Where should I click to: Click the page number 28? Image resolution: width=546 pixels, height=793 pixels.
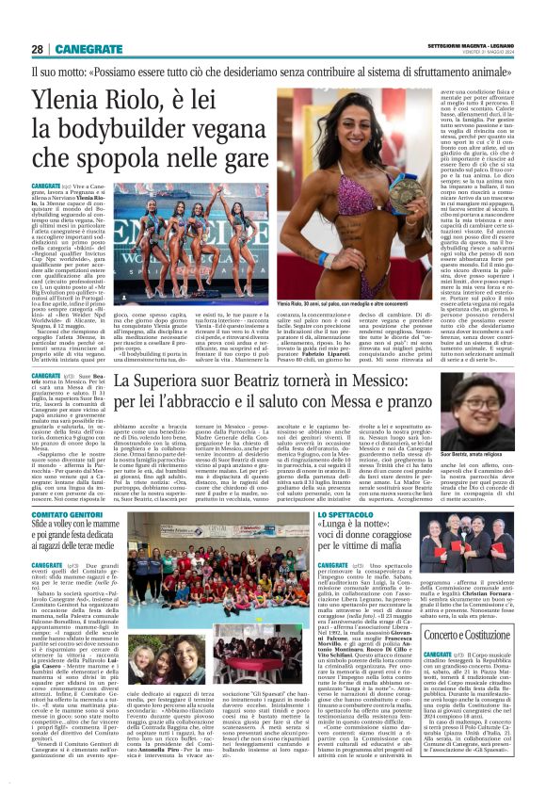click(37, 49)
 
